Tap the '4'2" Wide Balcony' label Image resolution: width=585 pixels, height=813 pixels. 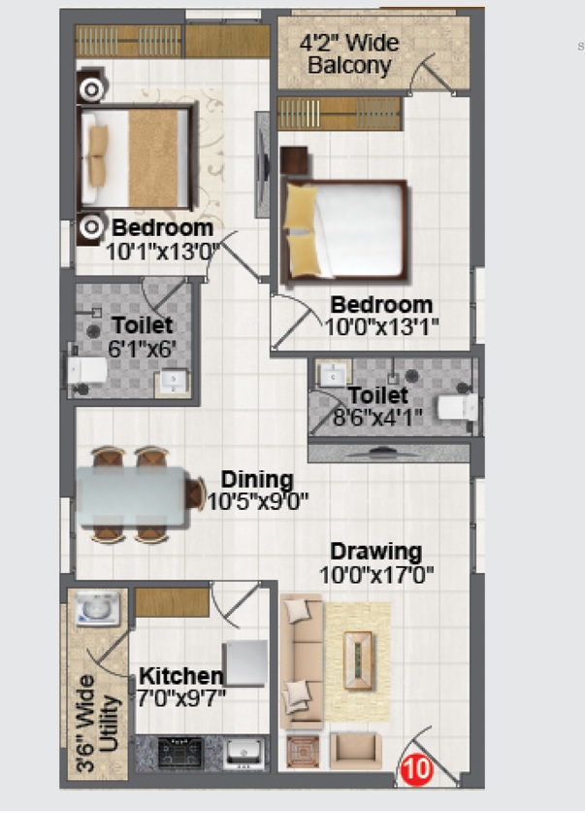[x=349, y=55]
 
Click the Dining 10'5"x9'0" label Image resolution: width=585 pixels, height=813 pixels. [x=257, y=491]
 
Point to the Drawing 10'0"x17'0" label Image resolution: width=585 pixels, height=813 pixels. [x=375, y=562]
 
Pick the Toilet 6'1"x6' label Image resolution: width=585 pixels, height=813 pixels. [x=142, y=335]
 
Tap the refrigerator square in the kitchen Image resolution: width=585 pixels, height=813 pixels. [x=244, y=663]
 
